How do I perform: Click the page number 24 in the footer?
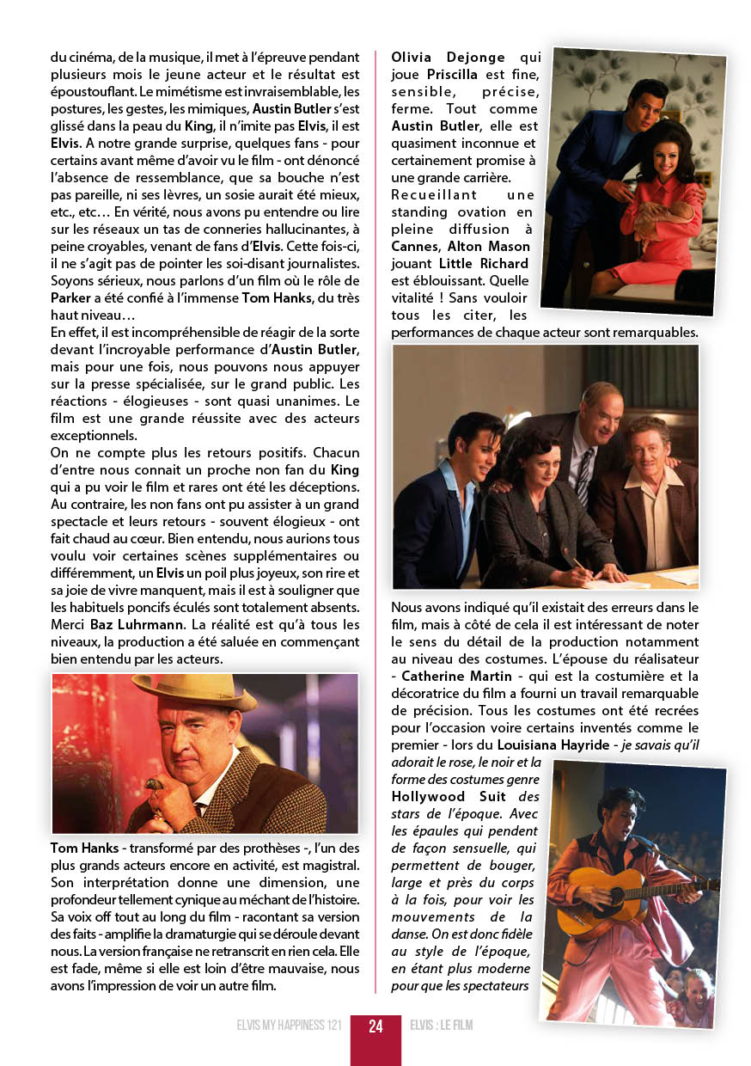coord(375,1026)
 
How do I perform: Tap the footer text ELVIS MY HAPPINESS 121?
coord(290,1026)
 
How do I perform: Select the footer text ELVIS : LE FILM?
coord(442,1026)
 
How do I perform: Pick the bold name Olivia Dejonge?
coord(449,58)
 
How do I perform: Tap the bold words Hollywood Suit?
coord(449,797)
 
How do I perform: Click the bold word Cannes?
coord(414,247)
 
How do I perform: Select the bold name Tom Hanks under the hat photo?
coord(84,849)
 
